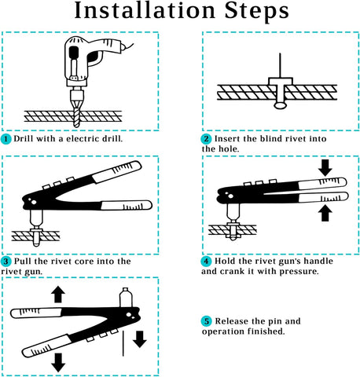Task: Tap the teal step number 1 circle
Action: tap(6, 139)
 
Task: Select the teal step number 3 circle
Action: tap(6, 261)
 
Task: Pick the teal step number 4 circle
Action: tap(206, 261)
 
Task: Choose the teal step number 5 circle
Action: tap(206, 321)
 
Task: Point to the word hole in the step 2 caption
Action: tap(227, 148)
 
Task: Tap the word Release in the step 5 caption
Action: tap(235, 321)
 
